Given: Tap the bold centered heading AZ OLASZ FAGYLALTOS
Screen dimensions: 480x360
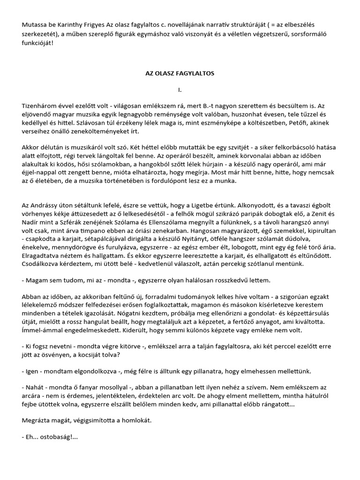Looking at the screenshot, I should click(179, 74).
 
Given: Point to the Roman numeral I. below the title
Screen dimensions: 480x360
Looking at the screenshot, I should click(179, 89).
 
